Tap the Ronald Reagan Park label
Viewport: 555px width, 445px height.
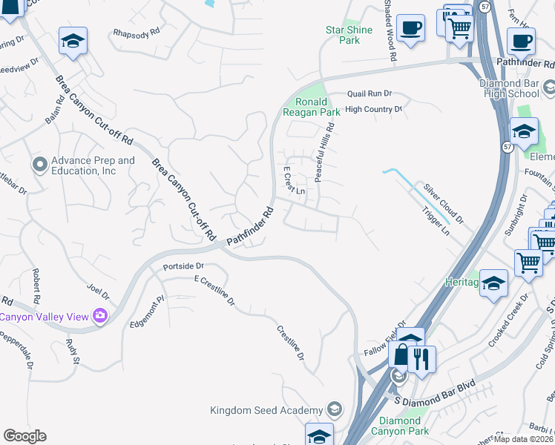311,107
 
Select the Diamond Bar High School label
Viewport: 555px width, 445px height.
515,89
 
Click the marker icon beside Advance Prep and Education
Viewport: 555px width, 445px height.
40,162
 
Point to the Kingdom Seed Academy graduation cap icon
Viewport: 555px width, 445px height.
335,410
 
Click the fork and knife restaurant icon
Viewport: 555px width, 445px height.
421,358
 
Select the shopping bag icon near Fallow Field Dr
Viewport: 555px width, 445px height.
401,355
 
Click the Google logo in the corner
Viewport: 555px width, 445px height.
24,436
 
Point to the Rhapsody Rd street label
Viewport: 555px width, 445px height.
136,33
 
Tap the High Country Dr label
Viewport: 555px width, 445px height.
373,109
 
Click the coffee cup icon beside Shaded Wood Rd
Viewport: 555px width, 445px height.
410,29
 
